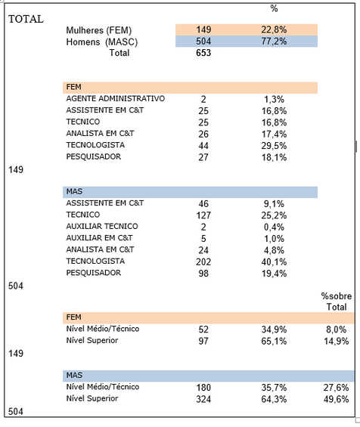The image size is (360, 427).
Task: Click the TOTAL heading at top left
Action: (26, 19)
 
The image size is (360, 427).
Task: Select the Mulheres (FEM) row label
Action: (98, 30)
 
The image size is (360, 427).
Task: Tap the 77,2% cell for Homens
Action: (274, 42)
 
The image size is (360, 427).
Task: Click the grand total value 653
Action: (203, 53)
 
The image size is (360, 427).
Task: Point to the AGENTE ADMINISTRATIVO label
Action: (115, 98)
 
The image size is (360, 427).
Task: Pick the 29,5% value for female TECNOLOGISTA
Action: (274, 146)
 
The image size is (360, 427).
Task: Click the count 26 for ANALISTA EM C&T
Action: (203, 134)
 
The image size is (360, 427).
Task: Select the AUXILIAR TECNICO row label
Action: (102, 226)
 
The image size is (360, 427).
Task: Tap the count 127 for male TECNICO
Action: (203, 215)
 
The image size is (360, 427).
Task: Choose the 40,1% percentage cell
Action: (274, 262)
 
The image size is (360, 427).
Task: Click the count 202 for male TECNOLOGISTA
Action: (203, 262)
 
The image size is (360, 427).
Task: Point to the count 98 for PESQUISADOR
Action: (203, 274)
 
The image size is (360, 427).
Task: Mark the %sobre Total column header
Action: (337, 302)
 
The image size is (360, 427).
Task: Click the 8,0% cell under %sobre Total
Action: (337, 330)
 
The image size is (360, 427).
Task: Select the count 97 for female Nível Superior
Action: (203, 341)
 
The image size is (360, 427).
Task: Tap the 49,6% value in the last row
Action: (337, 399)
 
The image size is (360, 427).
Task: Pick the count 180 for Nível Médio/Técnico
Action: (203, 388)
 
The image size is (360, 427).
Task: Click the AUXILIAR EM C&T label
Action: (99, 238)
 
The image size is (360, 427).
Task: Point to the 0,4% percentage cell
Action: (274, 227)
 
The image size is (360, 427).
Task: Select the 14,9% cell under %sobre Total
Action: (337, 341)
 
